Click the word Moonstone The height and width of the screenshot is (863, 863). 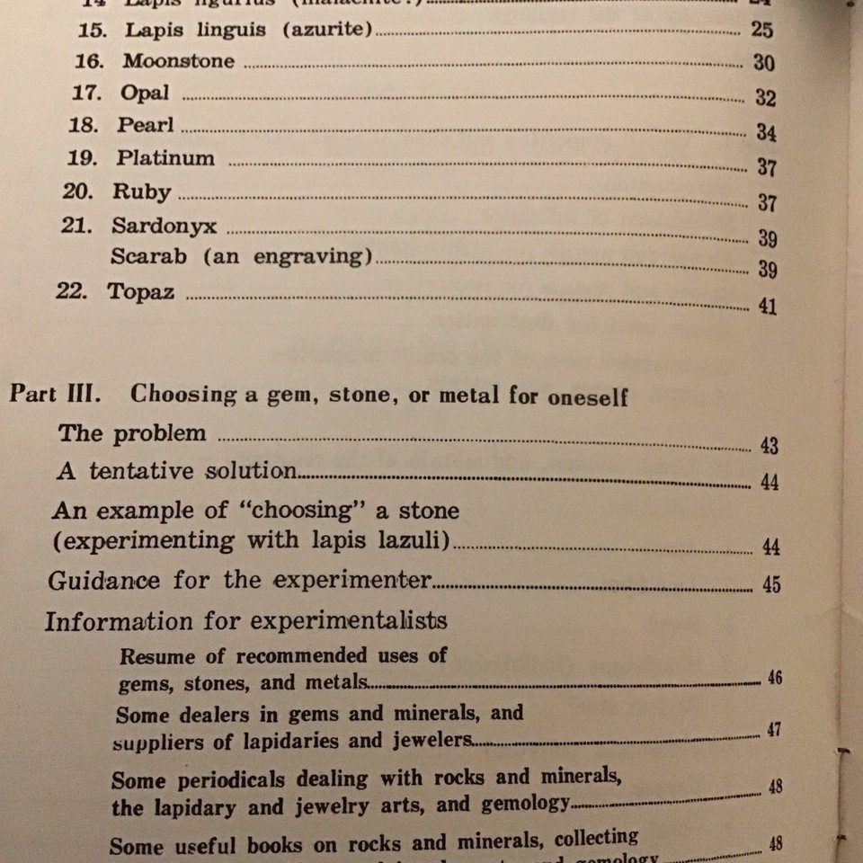[x=179, y=61]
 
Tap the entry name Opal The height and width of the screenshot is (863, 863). [x=144, y=93]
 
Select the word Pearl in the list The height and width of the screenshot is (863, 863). [x=145, y=125]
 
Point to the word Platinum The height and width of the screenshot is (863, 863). [x=165, y=158]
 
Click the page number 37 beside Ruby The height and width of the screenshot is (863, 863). [x=767, y=202]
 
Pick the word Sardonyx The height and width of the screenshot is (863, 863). [x=164, y=225]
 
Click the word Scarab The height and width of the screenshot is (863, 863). [x=149, y=256]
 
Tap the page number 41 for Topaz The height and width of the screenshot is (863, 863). [x=767, y=307]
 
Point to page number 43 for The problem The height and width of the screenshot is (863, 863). [x=769, y=446]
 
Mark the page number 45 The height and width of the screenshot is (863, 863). [x=770, y=585]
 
